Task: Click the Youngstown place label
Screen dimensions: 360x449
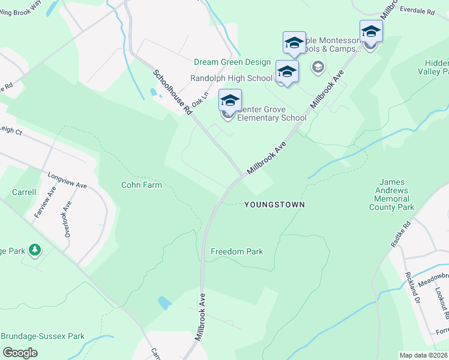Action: (274, 205)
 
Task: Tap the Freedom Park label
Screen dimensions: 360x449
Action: (237, 251)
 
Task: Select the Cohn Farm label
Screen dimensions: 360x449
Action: (142, 185)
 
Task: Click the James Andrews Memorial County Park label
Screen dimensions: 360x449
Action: (393, 194)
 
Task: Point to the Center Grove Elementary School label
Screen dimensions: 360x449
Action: (271, 113)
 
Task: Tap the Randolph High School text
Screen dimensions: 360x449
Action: (231, 78)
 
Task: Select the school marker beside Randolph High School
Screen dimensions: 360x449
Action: (288, 72)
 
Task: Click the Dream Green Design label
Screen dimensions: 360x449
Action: (232, 62)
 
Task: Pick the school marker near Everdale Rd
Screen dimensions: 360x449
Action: (370, 32)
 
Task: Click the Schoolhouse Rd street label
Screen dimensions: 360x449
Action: (172, 92)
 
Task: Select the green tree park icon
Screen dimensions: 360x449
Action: (35, 249)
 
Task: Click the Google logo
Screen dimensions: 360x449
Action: (20, 353)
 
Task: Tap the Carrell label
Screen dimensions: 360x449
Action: (24, 193)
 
